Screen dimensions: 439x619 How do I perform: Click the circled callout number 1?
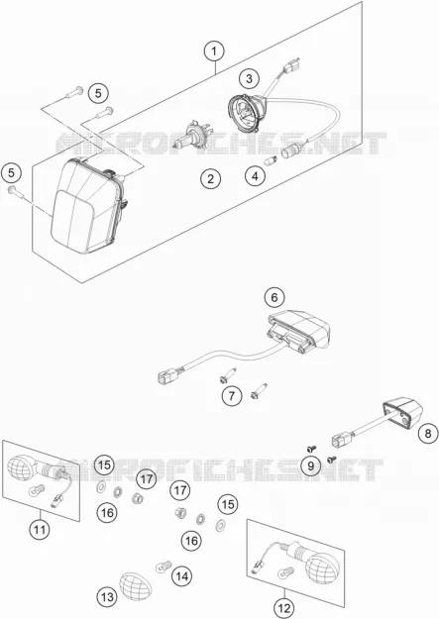pyautogui.click(x=214, y=52)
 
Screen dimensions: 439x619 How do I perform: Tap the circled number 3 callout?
pyautogui.click(x=249, y=78)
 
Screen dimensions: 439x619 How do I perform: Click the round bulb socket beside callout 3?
pyautogui.click(x=248, y=113)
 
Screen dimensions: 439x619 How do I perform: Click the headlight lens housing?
pyautogui.click(x=89, y=205)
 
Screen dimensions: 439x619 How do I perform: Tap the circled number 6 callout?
pyautogui.click(x=274, y=297)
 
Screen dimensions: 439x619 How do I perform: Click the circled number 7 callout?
pyautogui.click(x=232, y=395)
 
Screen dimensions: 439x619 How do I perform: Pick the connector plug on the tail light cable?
pyautogui.click(x=167, y=375)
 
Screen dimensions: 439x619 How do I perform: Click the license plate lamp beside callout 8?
pyautogui.click(x=402, y=414)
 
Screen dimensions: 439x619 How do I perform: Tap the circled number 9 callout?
pyautogui.click(x=311, y=466)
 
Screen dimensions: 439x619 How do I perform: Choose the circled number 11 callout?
pyautogui.click(x=40, y=529)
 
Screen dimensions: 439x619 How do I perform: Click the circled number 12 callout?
pyautogui.click(x=284, y=608)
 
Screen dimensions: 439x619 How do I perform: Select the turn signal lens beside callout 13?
pyautogui.click(x=136, y=583)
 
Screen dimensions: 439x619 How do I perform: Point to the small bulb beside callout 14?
pyautogui.click(x=164, y=567)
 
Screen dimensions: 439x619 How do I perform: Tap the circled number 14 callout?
pyautogui.click(x=181, y=576)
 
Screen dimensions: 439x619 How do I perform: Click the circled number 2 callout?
pyautogui.click(x=210, y=179)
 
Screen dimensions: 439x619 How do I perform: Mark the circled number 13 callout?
pyautogui.click(x=107, y=597)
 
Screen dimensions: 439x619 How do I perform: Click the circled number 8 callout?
pyautogui.click(x=428, y=434)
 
